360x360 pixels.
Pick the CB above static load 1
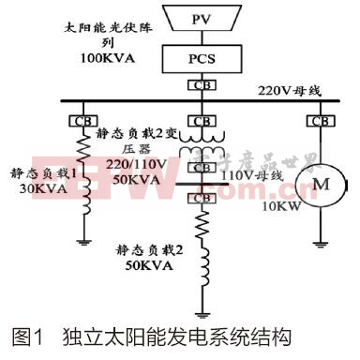click(78, 121)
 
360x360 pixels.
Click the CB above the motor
click(321, 121)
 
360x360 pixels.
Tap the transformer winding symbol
click(201, 149)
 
